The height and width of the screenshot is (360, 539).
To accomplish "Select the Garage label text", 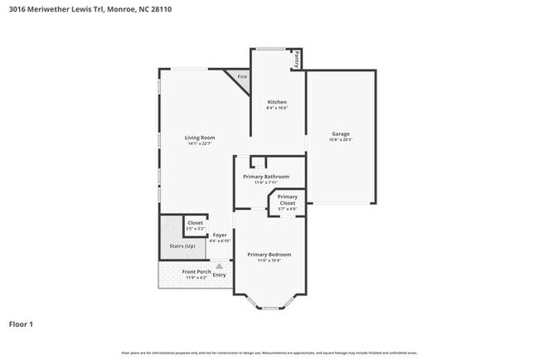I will pos(340,134).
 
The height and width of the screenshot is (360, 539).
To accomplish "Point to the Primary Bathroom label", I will pos(266,177).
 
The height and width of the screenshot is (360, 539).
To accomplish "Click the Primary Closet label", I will pos(287,200).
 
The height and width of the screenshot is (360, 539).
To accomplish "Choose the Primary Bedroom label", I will pos(269,255).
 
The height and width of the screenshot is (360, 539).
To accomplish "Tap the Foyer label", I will pos(219,235).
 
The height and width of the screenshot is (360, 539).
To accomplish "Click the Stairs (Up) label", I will pos(182,246).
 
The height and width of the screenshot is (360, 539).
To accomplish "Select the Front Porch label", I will pos(197,271).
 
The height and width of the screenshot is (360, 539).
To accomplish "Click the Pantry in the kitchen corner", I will pos(294,60).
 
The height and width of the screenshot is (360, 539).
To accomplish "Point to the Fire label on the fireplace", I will pos(242,77).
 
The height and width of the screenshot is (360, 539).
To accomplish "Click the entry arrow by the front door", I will pos(219,265).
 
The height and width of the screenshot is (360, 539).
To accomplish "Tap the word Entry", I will pos(219,275).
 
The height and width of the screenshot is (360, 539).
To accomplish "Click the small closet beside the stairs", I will pos(195,225).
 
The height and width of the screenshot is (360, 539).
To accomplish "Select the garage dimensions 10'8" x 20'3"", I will pos(340,140).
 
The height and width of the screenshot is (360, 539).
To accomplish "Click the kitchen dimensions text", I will pos(276,108).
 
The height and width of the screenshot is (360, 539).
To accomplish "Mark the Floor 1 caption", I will pos(22,324).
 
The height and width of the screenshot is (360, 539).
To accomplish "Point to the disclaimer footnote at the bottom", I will pos(269,353).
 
